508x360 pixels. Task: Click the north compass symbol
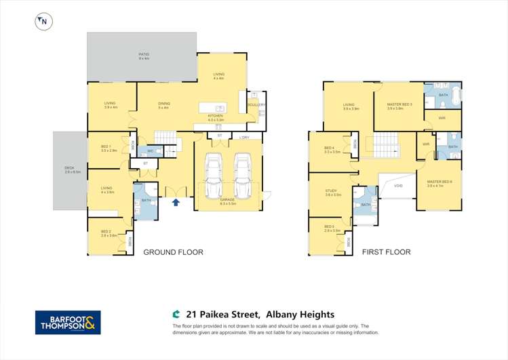[43, 22]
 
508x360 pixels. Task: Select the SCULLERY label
[256, 104]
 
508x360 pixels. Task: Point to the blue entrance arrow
[176, 201]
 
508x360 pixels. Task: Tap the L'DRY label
[245, 138]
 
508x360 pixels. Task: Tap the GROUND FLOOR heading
[173, 252]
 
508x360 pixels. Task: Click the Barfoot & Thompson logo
[68, 322]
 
